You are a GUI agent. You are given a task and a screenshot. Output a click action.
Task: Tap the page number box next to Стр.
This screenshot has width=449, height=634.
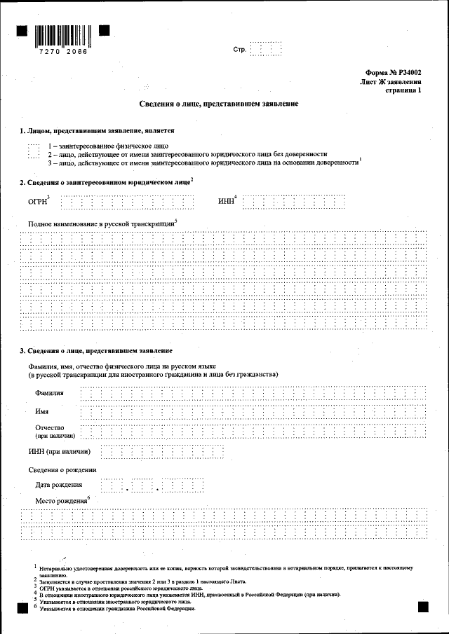click(x=266, y=50)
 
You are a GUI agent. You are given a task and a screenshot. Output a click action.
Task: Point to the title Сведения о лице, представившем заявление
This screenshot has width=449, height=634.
click(x=223, y=104)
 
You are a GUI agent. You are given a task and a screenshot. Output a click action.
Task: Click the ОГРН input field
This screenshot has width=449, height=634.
click(x=127, y=203)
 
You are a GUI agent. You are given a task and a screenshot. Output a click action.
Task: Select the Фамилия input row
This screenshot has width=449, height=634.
click(x=253, y=392)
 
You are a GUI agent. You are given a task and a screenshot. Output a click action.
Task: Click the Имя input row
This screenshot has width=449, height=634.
click(x=253, y=412)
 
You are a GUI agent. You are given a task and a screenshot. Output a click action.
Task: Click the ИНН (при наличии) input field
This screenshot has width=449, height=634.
click(x=162, y=451)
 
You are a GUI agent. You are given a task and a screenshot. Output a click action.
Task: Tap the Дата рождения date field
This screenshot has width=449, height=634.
click(x=152, y=485)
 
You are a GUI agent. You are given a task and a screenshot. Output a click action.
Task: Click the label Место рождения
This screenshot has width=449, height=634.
click(x=61, y=501)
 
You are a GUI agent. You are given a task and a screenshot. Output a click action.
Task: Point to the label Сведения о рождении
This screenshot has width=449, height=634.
click(x=62, y=469)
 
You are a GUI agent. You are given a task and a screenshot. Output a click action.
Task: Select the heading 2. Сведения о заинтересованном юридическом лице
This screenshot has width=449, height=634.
click(x=105, y=182)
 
